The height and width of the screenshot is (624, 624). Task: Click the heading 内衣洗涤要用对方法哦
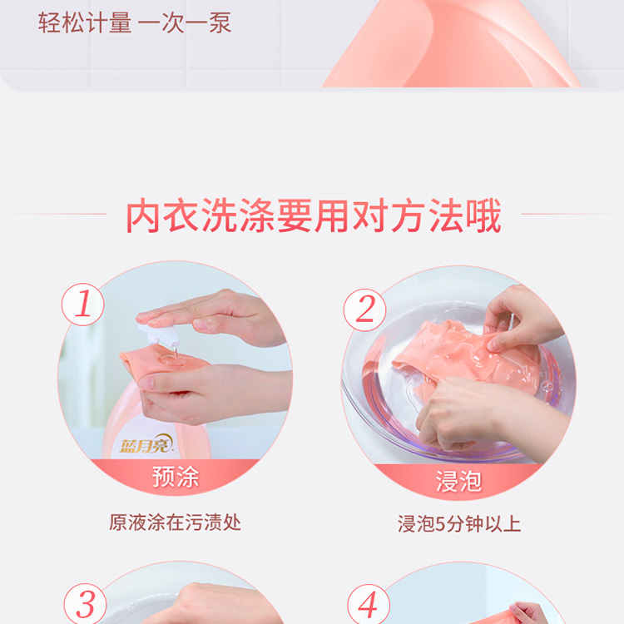313,215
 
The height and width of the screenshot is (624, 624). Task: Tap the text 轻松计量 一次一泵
135,22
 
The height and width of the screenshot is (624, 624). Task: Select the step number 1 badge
82,305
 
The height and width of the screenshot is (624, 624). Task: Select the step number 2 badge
364,310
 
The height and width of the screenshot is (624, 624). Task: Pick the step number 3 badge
85,604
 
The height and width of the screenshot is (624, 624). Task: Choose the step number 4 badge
368,605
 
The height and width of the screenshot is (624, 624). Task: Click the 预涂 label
176,477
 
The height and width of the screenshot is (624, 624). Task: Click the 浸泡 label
458,481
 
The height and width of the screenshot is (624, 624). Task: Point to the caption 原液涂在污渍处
175,522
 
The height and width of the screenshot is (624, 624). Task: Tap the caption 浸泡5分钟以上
459,523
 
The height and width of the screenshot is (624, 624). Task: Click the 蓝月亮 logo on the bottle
146,444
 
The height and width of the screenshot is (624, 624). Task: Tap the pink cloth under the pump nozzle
163,362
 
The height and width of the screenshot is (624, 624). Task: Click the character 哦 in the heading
484,215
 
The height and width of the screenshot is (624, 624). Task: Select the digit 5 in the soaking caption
440,524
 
